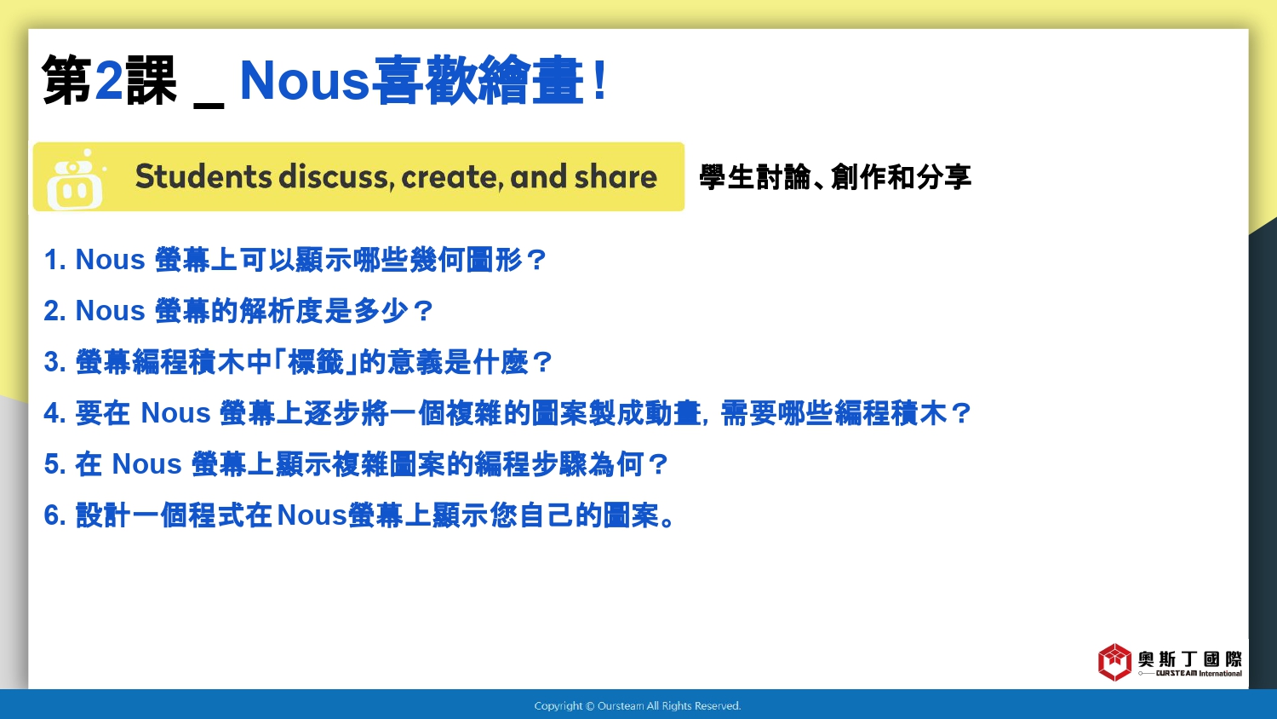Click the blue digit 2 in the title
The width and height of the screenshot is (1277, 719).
tap(109, 79)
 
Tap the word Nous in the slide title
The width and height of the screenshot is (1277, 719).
tap(305, 80)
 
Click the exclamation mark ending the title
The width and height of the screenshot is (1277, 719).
tap(598, 80)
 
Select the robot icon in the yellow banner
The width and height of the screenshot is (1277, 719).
tap(76, 179)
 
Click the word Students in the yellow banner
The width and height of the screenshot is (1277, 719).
tap(203, 176)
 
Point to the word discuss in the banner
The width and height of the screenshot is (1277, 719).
tap(337, 176)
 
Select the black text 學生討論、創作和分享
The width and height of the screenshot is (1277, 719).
tap(835, 177)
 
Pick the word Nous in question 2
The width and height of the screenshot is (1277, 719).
tap(110, 311)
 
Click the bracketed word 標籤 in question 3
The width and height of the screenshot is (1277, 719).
tap(316, 362)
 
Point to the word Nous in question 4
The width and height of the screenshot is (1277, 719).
tap(175, 412)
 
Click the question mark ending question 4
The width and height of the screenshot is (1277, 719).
tap(961, 413)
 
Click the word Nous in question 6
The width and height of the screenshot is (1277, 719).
tap(312, 515)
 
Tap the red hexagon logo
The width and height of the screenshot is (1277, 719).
tap(1114, 662)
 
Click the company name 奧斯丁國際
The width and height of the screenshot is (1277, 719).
tap(1190, 659)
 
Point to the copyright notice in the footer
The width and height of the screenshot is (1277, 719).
tap(638, 706)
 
